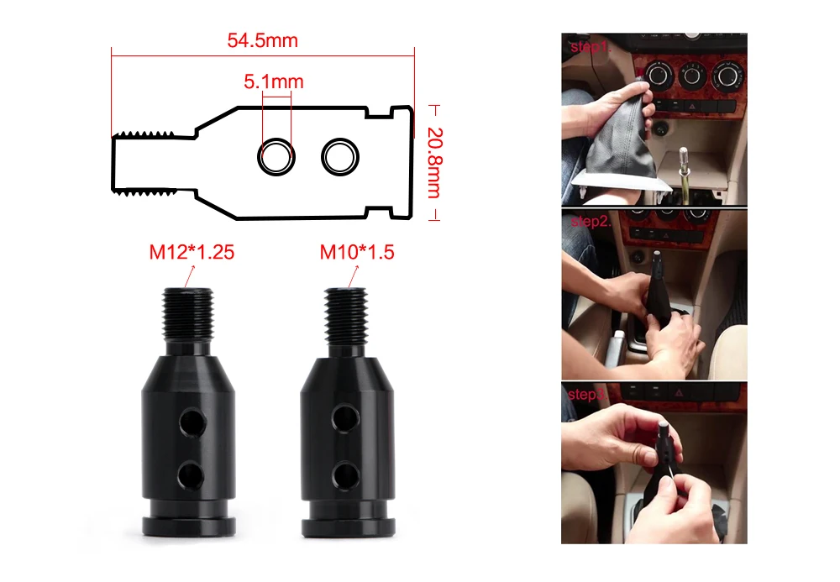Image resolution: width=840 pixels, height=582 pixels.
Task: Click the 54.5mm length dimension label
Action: point(262,40)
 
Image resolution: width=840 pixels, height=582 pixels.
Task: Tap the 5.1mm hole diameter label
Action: point(274,82)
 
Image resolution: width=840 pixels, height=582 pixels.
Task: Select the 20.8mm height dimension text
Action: point(434,163)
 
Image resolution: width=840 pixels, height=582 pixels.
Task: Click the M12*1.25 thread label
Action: point(192,252)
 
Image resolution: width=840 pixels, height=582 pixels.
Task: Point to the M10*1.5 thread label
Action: point(357,252)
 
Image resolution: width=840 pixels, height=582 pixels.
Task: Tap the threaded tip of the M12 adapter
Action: point(187,316)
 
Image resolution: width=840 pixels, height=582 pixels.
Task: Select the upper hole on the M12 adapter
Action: point(192,422)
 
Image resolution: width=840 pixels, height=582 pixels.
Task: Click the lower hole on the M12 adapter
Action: point(192,475)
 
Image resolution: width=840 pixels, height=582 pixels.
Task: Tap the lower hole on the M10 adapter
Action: point(345,475)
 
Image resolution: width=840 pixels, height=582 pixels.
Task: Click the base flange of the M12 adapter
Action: point(188,527)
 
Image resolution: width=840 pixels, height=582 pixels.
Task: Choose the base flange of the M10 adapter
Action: point(349,527)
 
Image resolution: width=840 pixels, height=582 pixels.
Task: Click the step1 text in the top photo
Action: point(591,47)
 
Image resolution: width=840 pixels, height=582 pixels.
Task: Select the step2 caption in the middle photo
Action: point(591,222)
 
